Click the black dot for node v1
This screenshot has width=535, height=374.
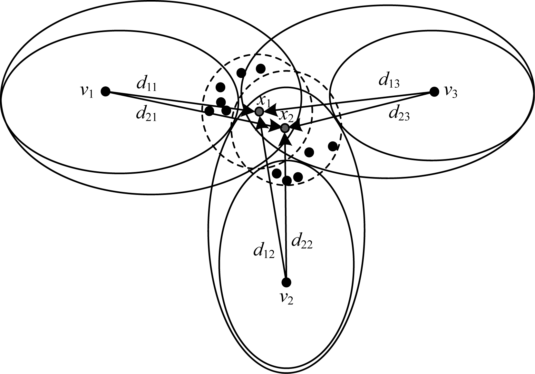[105, 91]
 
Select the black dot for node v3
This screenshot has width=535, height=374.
[434, 92]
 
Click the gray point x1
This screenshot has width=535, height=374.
[259, 112]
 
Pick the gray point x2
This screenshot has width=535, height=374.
[285, 128]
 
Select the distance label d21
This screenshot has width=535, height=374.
[146, 115]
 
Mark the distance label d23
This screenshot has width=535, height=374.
[399, 114]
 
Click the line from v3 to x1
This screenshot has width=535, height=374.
[355, 101]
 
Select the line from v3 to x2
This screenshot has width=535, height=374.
[364, 109]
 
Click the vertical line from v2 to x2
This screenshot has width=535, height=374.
[286, 225]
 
